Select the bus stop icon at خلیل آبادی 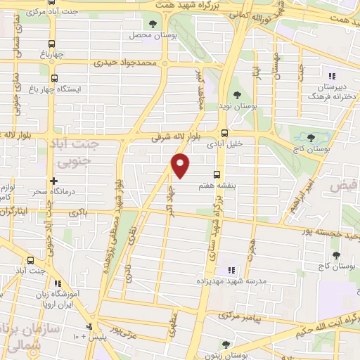224,133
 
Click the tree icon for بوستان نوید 238,95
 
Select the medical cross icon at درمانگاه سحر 54,181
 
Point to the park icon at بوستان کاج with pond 312,138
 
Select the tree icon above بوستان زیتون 225,344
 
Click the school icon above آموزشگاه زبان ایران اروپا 58,283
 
